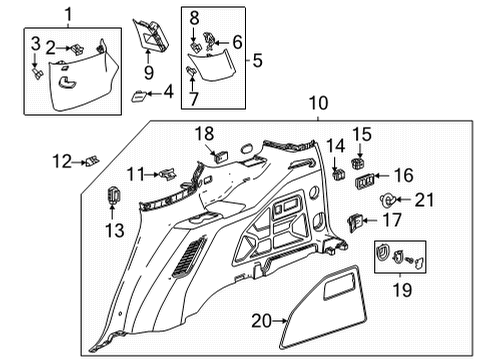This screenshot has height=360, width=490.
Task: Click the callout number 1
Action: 68,14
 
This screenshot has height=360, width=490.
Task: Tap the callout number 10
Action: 318,103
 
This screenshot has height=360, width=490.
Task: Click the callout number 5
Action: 257,60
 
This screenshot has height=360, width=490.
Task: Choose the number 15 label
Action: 361,133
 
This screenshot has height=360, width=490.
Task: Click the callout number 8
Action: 195,16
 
